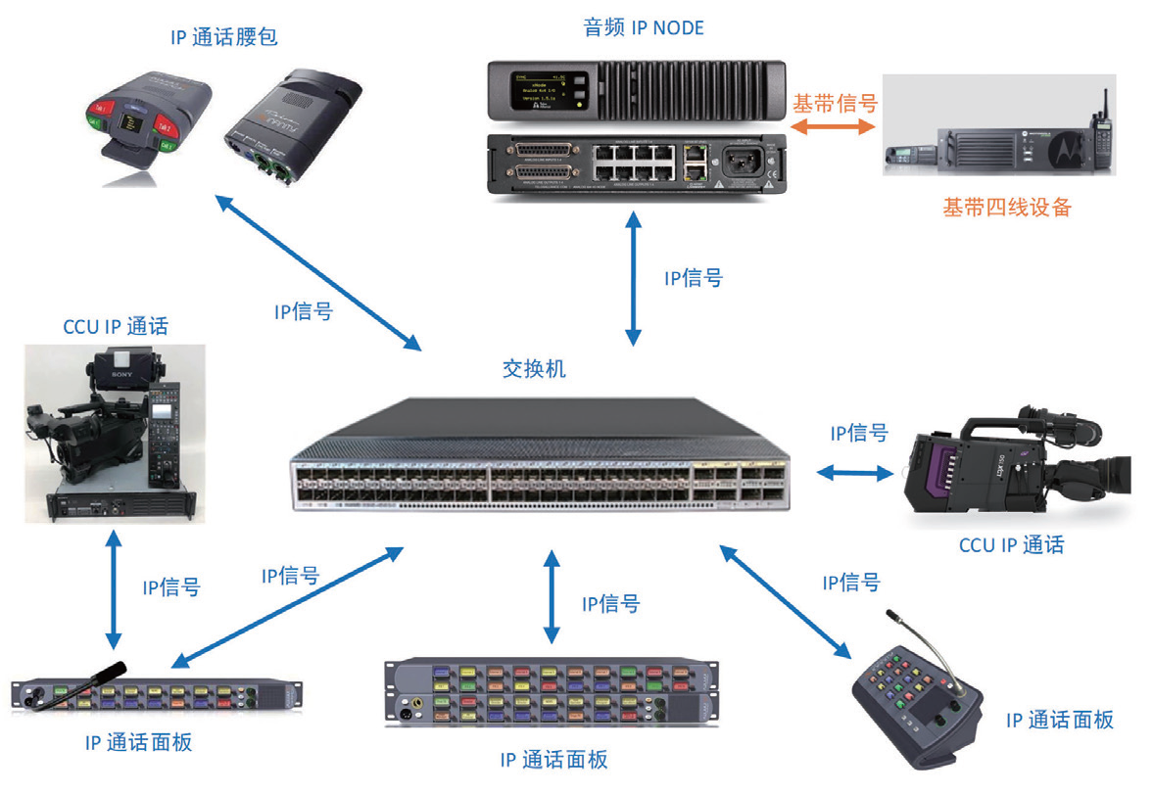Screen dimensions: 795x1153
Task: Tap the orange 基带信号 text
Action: coord(834,103)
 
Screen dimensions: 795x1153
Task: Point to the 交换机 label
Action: coord(534,369)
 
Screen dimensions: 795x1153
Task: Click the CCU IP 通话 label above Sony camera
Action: coord(115,326)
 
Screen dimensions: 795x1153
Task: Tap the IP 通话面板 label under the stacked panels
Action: coord(553,760)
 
